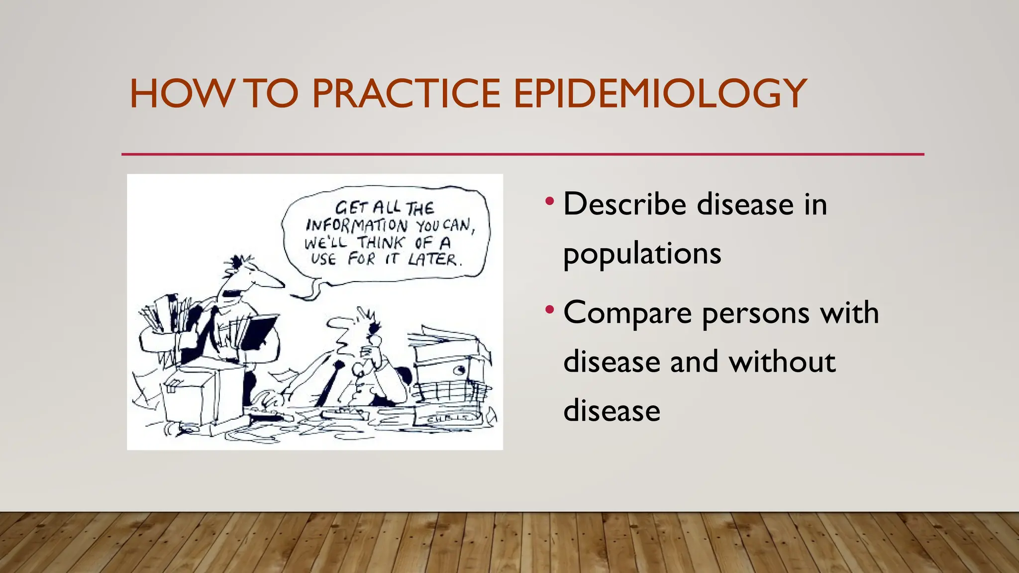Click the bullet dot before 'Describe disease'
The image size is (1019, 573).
(549, 202)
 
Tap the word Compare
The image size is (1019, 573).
(627, 313)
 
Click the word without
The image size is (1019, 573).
(782, 362)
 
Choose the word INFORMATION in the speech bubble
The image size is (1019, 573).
(356, 225)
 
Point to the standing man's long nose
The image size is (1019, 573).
(271, 281)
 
